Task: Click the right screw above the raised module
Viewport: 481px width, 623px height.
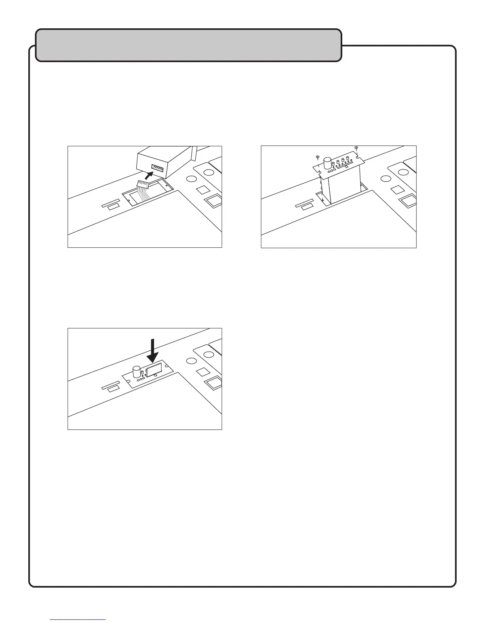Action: pos(356,148)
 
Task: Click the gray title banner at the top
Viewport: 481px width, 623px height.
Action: pos(189,45)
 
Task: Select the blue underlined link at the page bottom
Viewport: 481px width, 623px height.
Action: pos(78,619)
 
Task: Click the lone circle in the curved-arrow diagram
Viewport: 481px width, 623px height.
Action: pos(191,179)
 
